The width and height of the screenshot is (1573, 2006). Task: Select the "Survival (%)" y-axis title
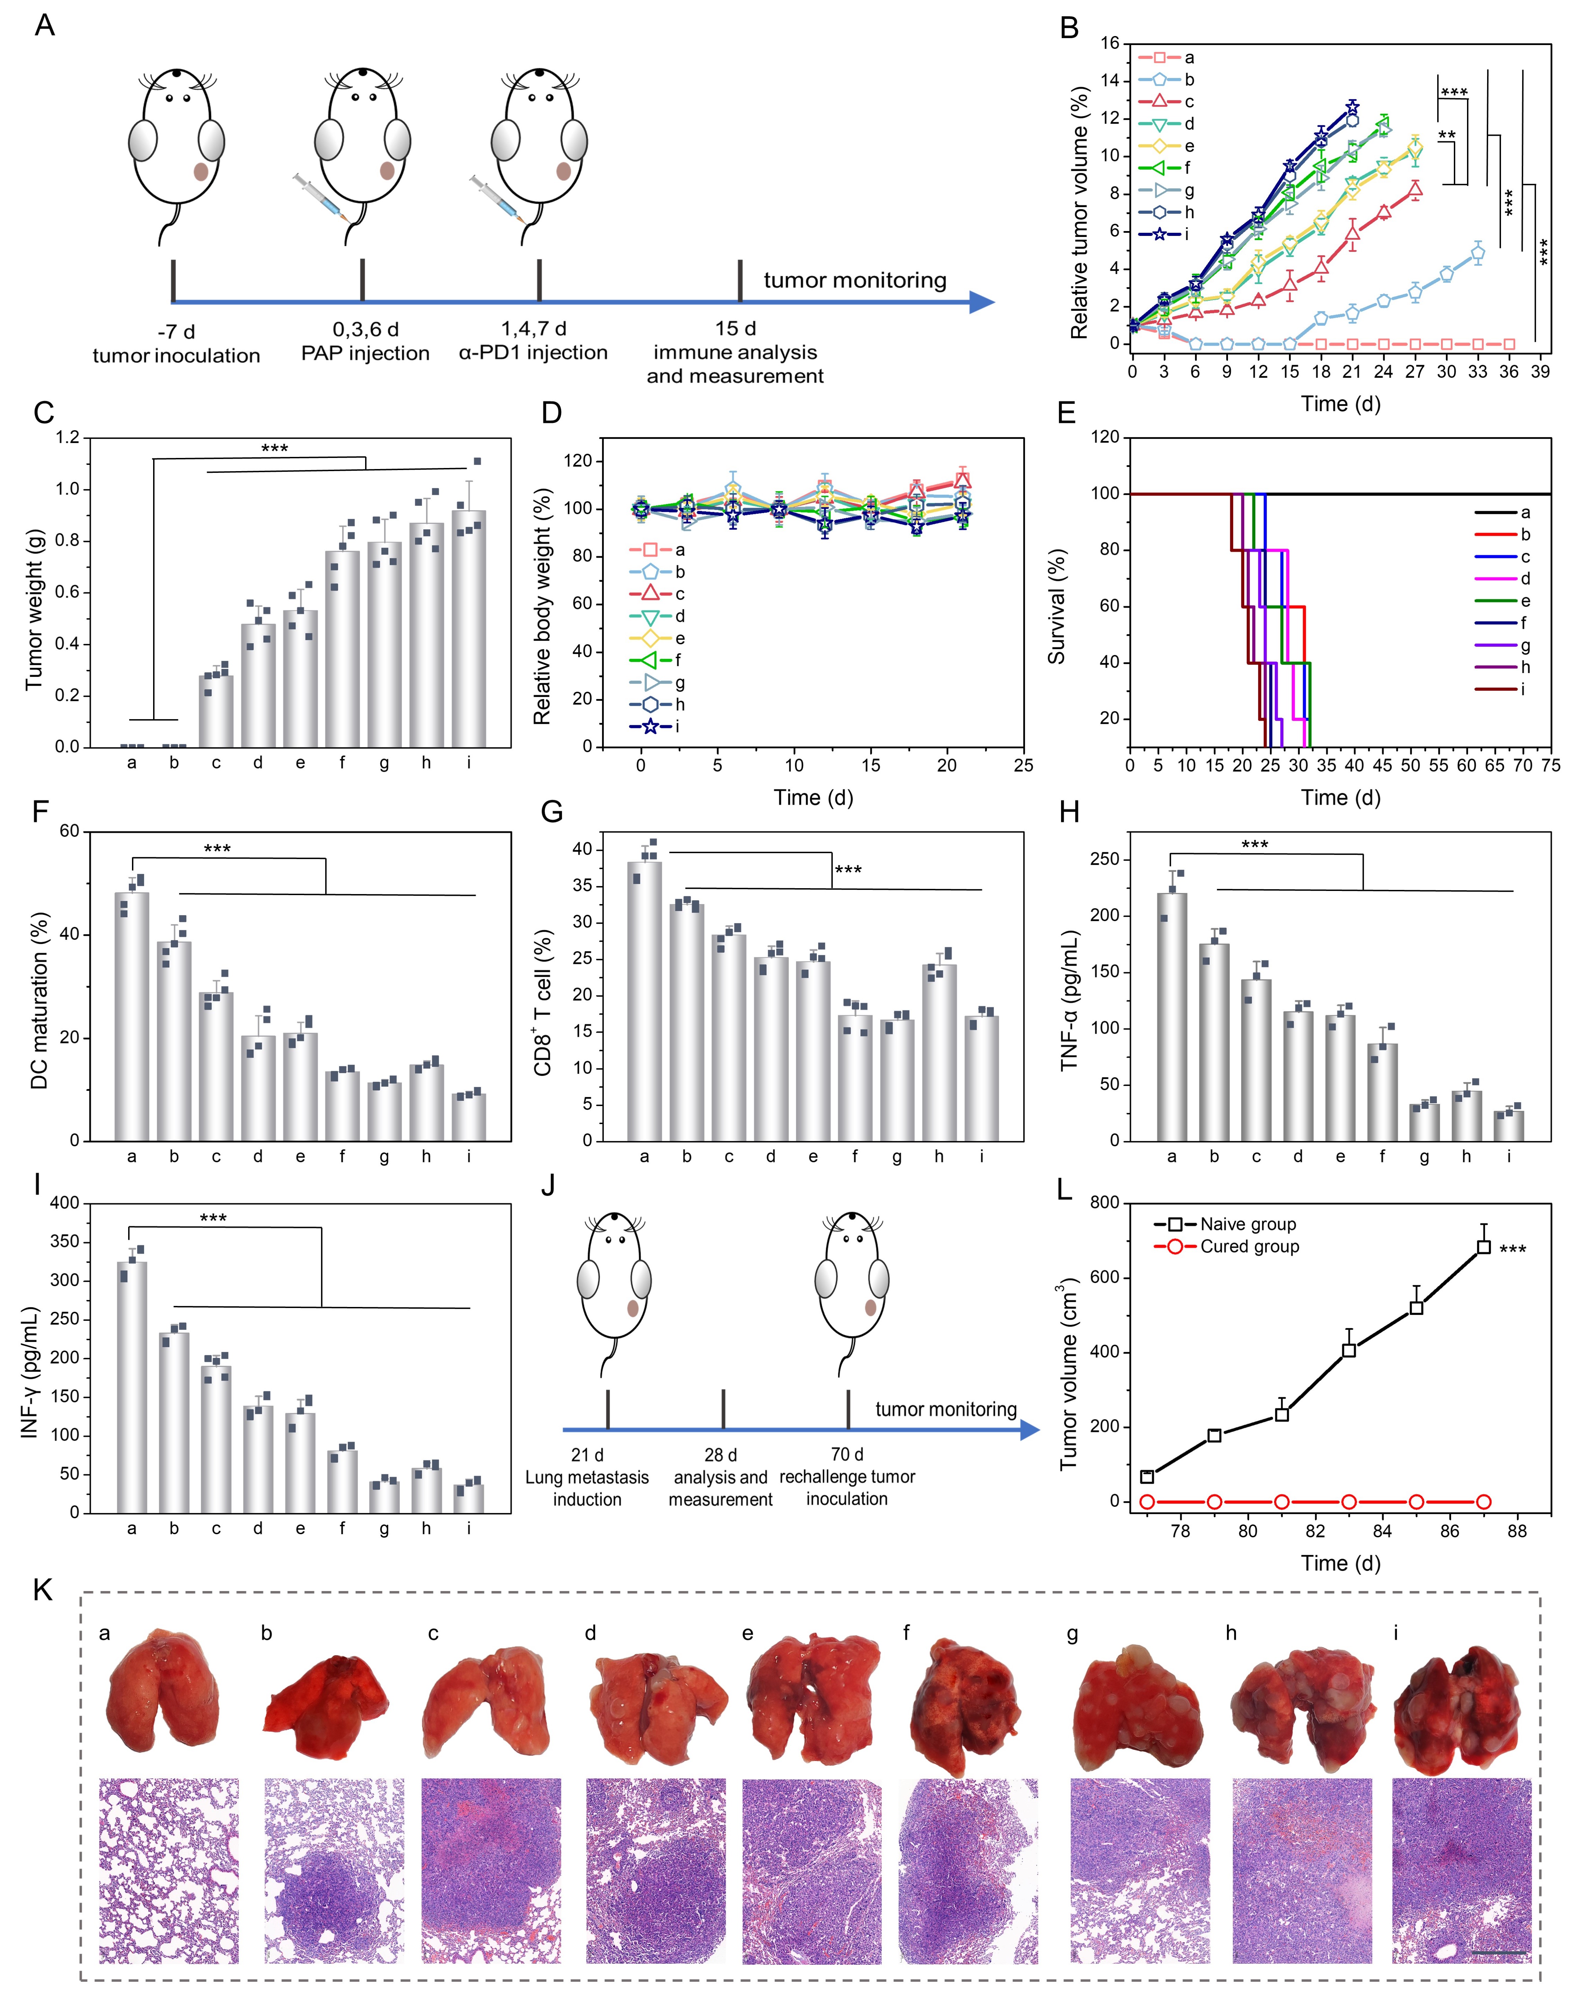(x=1056, y=606)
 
